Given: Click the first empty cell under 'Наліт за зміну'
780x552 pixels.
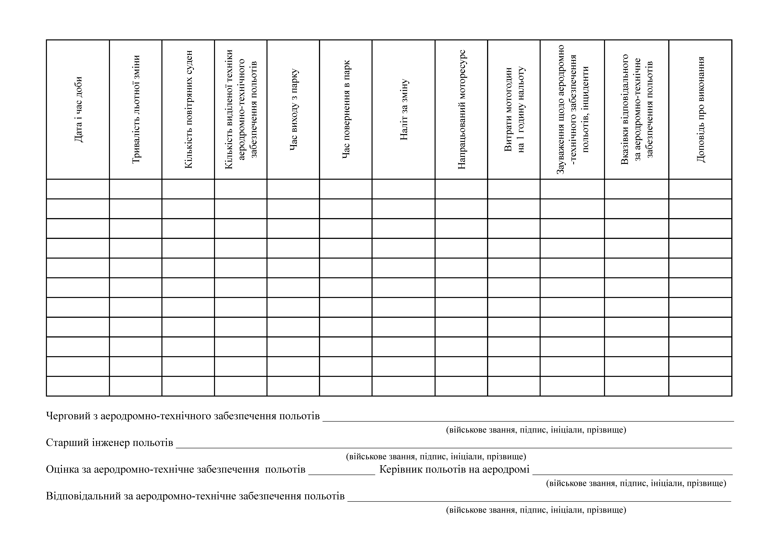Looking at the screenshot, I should pos(404,189).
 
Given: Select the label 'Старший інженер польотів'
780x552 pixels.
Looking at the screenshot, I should pos(109,443).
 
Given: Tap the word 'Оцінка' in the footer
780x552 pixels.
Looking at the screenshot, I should pos(63,470).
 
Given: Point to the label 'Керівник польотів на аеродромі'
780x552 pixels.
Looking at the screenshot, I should pos(454,470).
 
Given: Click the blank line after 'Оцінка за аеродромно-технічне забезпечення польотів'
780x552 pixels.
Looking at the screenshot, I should pos(342,473).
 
